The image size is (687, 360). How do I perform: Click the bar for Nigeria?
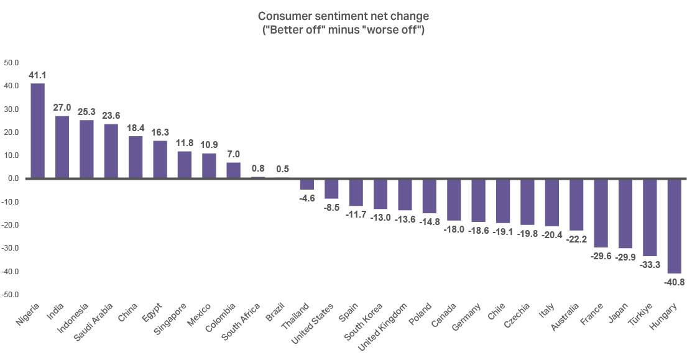coord(38,131)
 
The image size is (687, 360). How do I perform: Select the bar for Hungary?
coord(674,226)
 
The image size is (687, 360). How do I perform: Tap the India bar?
coord(62,147)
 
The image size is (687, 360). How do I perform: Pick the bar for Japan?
coord(625,213)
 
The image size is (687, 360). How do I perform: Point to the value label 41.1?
coord(38,75)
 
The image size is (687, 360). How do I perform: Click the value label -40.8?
coord(674,281)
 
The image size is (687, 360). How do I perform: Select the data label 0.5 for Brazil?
coord(282,169)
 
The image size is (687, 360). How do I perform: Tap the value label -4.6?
coord(307,198)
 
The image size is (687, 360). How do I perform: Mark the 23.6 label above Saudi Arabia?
coord(111,116)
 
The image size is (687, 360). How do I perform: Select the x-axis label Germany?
coord(468,316)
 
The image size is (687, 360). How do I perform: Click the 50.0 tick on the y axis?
coord(12,63)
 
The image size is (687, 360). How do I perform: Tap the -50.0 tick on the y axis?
coord(12,295)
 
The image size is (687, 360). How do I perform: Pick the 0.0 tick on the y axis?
coord(12,178)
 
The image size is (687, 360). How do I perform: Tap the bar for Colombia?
coord(233,170)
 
